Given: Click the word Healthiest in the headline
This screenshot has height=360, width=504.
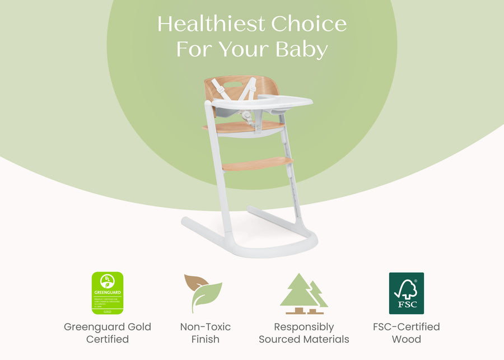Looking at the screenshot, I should coord(211,24).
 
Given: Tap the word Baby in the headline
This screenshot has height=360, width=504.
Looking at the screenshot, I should coord(301,49).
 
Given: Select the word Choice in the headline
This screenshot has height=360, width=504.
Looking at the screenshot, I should coord(309,24).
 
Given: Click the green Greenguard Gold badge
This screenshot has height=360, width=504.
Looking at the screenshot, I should coord(107,293).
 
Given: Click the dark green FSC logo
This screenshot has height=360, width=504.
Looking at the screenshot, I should coord(407,293).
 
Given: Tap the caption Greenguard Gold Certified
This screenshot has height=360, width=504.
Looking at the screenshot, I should coord(108,333).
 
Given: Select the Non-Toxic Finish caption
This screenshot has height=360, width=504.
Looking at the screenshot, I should coord(206,333).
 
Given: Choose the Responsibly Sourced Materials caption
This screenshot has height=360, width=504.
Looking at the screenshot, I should coord(304,333).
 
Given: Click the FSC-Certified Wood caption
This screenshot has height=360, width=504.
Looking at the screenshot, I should coord(407,333).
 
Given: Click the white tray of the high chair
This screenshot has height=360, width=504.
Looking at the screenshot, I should coord(263,102).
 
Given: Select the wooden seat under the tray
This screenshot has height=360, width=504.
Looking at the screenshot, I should coord(244,128).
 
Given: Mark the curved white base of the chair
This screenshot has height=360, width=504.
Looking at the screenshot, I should coord(252,246).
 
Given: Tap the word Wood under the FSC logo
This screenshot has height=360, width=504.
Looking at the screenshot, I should coord(407,339).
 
